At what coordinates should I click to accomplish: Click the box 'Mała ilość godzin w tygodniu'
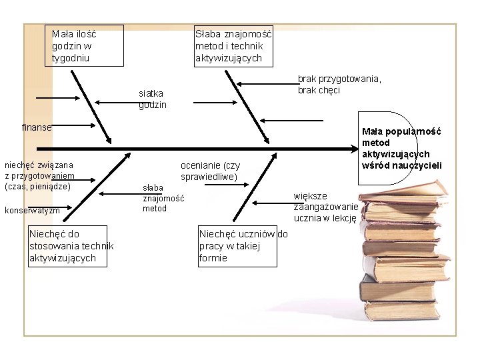(x=87, y=45)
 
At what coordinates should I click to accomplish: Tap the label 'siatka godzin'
(x=153, y=99)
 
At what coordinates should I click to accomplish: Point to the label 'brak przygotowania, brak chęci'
(x=339, y=84)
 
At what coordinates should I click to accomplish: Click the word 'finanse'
(x=36, y=127)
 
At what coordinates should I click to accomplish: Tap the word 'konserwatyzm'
(x=32, y=211)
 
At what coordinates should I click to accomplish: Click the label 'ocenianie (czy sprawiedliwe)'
(x=210, y=171)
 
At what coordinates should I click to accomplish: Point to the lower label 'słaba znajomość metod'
(x=162, y=199)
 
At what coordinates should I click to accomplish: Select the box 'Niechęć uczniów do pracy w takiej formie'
(x=237, y=246)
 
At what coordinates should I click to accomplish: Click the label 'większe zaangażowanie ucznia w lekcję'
(x=325, y=207)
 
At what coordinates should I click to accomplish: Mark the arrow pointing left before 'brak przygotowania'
(x=267, y=83)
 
